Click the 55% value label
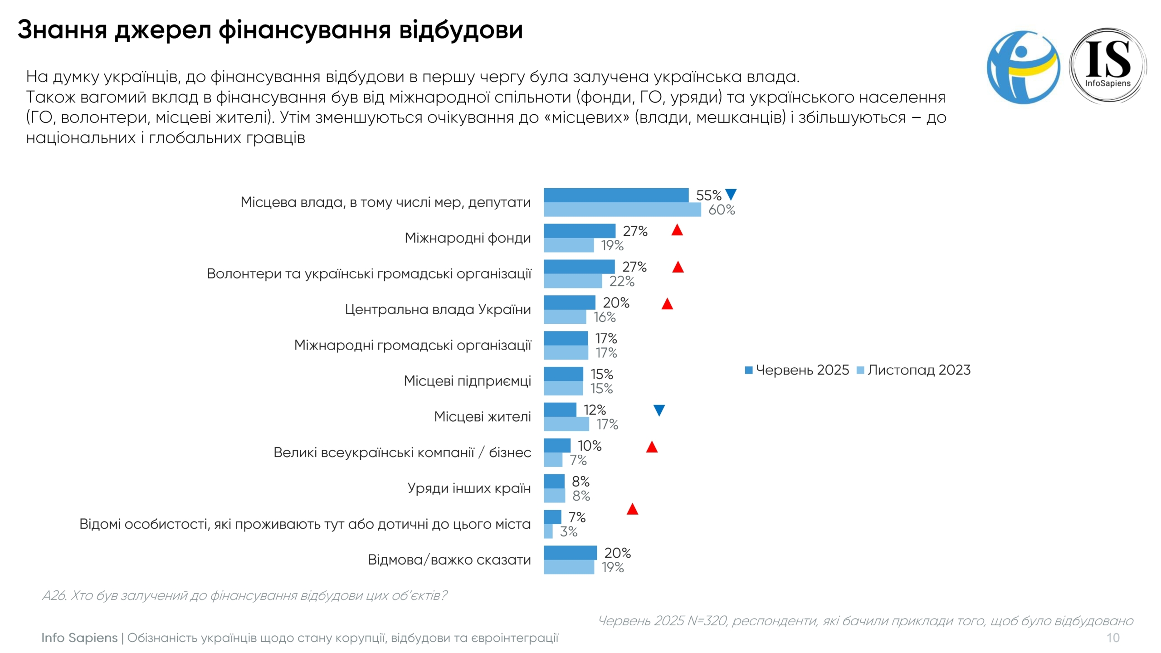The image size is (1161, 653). click(x=708, y=195)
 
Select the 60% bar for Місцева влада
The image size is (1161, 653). click(x=622, y=210)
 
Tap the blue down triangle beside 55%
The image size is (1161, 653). click(x=731, y=195)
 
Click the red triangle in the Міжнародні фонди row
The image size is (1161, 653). click(x=677, y=230)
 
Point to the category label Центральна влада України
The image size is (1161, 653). click(x=438, y=309)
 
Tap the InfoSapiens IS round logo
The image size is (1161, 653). click(x=1107, y=66)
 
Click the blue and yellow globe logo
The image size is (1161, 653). click(x=1023, y=67)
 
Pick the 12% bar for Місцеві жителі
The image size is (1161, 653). click(x=560, y=410)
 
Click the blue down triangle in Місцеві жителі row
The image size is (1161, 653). click(x=659, y=410)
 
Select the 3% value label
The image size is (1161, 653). click(x=568, y=531)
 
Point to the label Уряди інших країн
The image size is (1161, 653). click(x=469, y=488)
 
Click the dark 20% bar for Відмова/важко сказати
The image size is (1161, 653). click(x=570, y=553)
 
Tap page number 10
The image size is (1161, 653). click(x=1112, y=638)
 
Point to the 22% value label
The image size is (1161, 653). click(x=621, y=282)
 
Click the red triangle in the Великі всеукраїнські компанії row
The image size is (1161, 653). click(x=652, y=447)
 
